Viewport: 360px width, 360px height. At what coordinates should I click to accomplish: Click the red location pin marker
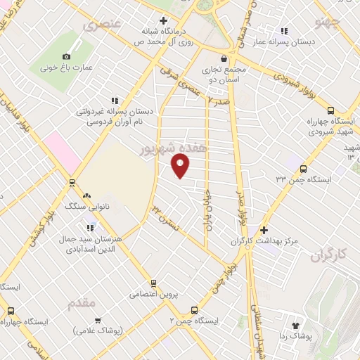pyautogui.click(x=181, y=165)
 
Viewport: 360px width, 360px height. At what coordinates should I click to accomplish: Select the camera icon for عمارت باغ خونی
pyautogui.click(x=67, y=56)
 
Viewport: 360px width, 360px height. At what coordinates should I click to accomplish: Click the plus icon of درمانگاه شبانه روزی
pyautogui.click(x=163, y=20)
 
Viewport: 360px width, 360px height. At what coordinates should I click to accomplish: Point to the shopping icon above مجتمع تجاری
pyautogui.click(x=224, y=58)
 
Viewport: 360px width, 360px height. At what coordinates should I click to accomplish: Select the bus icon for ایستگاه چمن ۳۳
pyautogui.click(x=303, y=169)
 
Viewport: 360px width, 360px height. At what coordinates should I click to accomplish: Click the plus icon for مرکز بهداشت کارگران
pyautogui.click(x=264, y=230)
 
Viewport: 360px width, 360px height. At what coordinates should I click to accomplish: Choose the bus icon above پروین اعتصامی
pyautogui.click(x=153, y=283)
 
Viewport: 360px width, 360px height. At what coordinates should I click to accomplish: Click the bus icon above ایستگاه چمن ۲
pyautogui.click(x=194, y=309)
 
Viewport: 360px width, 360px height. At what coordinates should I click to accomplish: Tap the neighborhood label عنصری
pyautogui.click(x=102, y=26)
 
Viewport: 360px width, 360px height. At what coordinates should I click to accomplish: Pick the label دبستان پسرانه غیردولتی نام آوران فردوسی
pyautogui.click(x=114, y=116)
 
